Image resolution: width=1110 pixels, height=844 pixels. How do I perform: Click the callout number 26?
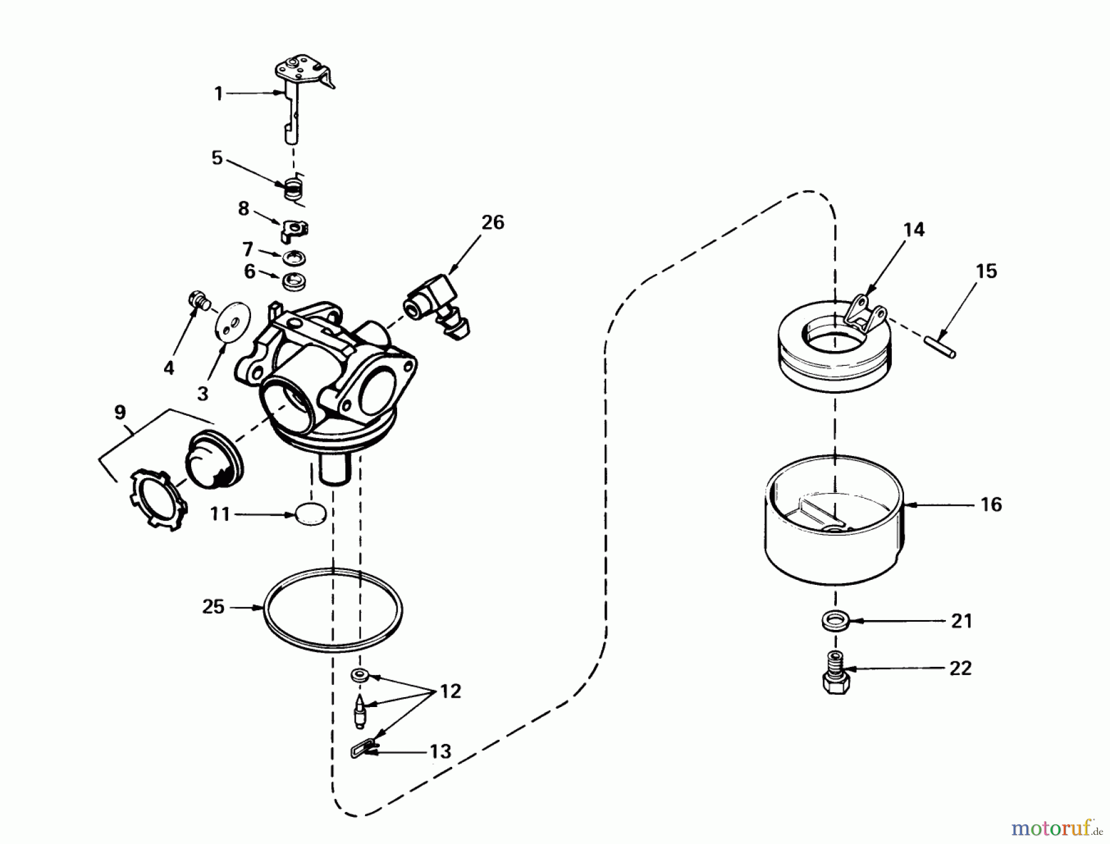coord(493,222)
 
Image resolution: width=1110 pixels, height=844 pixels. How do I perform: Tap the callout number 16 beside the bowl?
coord(991,505)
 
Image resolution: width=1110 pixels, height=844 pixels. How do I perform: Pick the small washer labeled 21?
coord(836,620)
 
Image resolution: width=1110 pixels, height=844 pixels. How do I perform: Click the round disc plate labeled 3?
coord(234,321)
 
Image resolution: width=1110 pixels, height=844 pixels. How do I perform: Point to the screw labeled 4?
coord(199,300)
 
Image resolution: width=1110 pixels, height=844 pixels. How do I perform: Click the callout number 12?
coord(450,692)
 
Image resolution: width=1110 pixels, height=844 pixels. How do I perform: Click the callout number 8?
coord(244,209)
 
